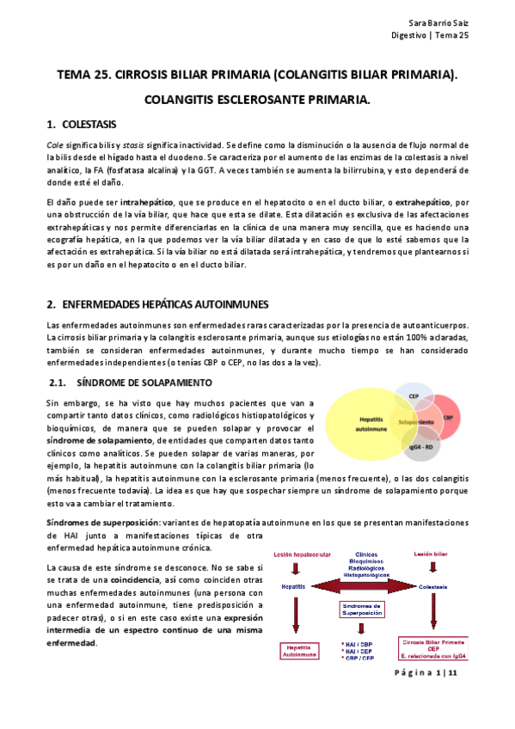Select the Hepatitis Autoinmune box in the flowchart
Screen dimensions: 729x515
coord(297,651)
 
